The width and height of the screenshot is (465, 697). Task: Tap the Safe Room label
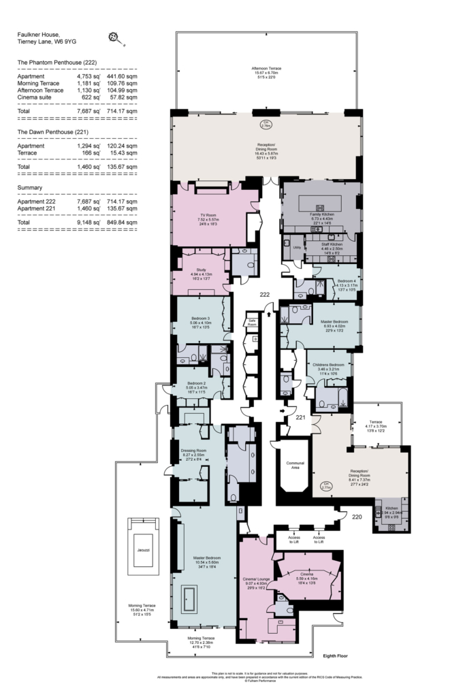[252, 322]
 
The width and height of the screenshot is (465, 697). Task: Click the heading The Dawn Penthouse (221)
[53, 131]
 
